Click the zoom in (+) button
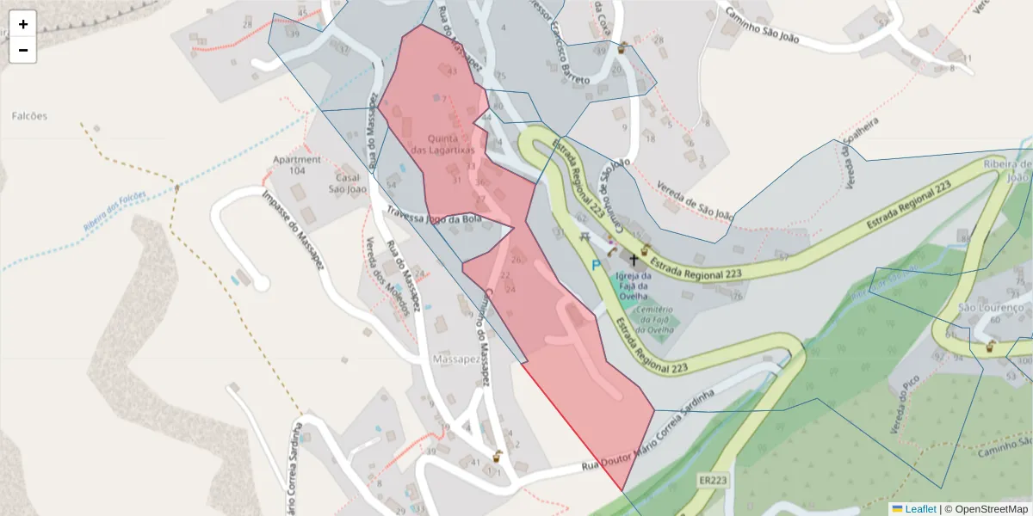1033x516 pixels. point(23,24)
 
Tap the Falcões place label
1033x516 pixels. point(30,116)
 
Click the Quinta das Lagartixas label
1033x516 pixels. point(442,144)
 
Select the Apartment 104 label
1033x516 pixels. point(296,165)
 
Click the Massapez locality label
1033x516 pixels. point(455,358)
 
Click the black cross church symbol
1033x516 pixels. point(634,259)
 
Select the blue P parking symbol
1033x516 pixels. point(596,266)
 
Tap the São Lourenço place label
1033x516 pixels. point(991,307)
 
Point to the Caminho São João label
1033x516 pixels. point(762,26)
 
